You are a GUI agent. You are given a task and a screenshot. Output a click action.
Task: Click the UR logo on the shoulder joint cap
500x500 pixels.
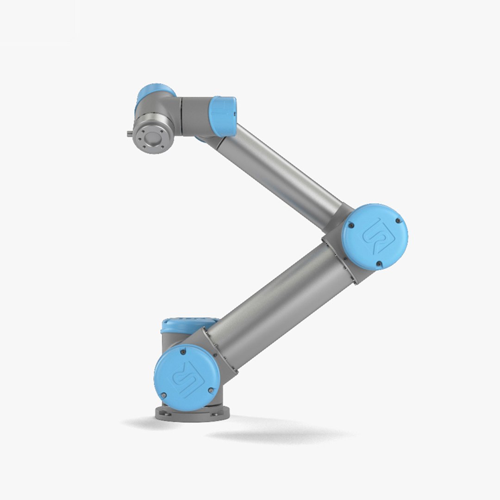pyautogui.click(x=185, y=377)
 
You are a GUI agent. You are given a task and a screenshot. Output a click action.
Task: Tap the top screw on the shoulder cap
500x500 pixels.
pyautogui.click(x=183, y=352)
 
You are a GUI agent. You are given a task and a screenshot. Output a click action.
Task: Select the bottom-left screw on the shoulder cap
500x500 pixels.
pyautogui.click(x=163, y=395)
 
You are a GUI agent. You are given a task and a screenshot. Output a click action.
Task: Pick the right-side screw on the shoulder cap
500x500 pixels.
pyautogui.click(x=211, y=390)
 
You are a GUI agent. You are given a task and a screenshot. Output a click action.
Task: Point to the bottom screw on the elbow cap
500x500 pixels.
pyautogui.click(x=379, y=263)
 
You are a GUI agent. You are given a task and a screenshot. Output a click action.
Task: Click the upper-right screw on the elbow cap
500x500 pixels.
pyautogui.click(x=397, y=221)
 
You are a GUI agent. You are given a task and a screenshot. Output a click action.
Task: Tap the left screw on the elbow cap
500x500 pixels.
pyautogui.click(x=350, y=225)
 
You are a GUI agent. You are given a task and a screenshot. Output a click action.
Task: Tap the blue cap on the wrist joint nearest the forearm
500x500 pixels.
pyautogui.click(x=224, y=116)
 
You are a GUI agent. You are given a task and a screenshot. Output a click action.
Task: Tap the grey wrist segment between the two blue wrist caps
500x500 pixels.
pyautogui.click(x=194, y=116)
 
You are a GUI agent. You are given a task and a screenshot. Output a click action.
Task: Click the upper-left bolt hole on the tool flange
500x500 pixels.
pyautogui.click(x=143, y=131)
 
